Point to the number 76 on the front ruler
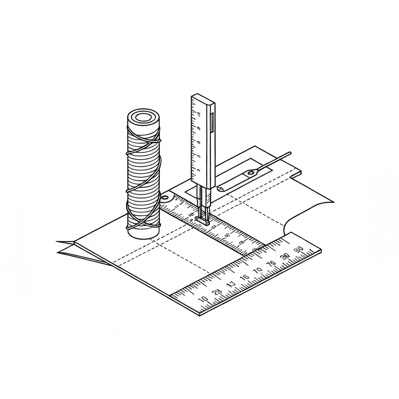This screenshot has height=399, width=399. click(x=271, y=264)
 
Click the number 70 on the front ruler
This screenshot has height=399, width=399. click(x=258, y=271)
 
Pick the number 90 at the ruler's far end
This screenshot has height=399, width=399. click(x=299, y=250)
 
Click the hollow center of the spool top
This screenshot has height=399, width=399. click(x=143, y=117)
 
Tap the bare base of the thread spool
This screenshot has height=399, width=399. click(x=143, y=232)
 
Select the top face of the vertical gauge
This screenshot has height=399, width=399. click(x=203, y=99)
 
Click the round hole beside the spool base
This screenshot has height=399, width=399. click(x=165, y=198)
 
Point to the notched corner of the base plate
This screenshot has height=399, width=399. click(x=300, y=172)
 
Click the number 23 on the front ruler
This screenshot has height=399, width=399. click(x=217, y=292)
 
